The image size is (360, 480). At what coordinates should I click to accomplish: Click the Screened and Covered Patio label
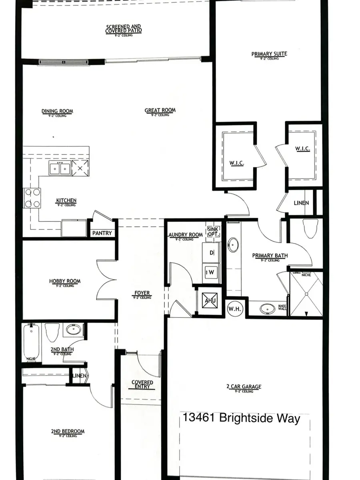coord(124,29)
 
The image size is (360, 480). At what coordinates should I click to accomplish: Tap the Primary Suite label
coord(269,54)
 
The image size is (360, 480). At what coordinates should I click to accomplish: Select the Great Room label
coord(160,110)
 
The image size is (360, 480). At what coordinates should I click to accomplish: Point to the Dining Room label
coord(57,112)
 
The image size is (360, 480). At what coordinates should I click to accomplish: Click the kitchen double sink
coord(60,169)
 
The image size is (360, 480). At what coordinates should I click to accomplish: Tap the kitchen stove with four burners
coord(32,198)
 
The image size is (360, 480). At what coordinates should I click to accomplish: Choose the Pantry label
coord(102,233)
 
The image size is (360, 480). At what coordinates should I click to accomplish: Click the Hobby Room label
coord(65,281)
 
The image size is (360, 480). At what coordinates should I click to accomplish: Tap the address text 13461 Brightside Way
coord(241,418)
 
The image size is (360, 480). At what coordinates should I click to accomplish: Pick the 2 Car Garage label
coord(244,387)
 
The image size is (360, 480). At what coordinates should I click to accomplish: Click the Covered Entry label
coord(142,384)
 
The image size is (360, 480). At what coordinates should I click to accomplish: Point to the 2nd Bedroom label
coord(68,432)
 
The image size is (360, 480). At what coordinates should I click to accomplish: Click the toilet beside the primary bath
coord(310,229)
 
